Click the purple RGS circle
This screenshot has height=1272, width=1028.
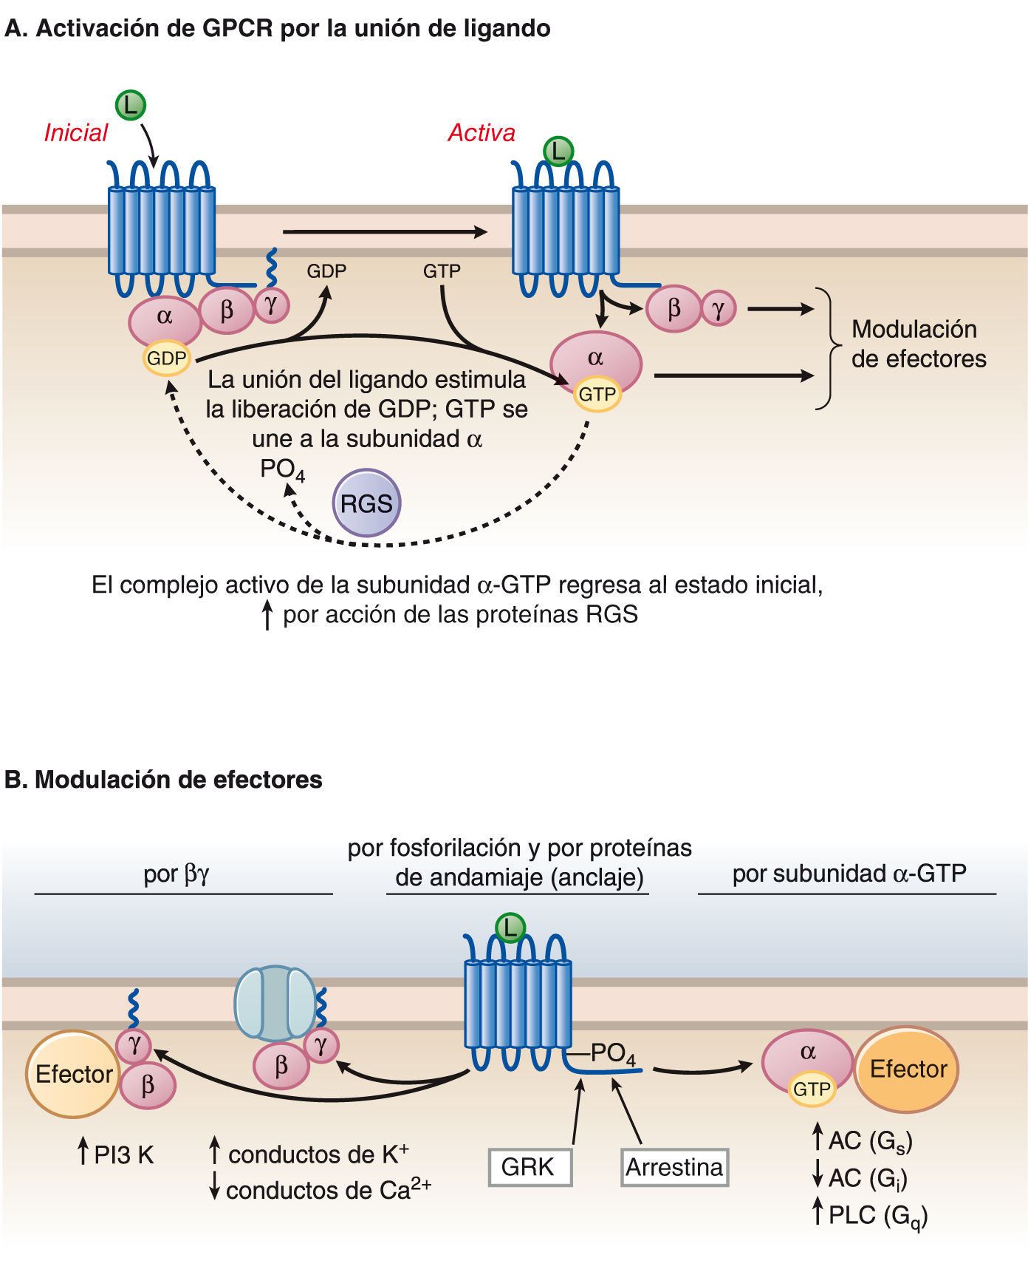point(366,503)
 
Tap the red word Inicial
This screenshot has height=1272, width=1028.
point(76,133)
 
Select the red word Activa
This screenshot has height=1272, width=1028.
point(482,133)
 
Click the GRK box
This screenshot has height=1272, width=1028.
point(530,1167)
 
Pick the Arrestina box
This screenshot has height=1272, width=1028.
point(674,1167)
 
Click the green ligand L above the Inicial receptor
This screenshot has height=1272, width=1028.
point(131,105)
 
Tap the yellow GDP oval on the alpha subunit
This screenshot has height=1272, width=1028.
point(167,358)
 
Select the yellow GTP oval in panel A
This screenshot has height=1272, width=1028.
point(597,394)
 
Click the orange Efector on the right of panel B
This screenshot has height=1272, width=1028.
point(907,1069)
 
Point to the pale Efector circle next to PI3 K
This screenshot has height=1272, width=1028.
point(72,1074)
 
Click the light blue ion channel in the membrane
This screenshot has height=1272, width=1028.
point(275,1002)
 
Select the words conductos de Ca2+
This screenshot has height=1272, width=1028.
point(328,1189)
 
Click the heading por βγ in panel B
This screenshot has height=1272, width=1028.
point(177,874)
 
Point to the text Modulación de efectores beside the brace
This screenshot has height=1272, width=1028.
point(918,344)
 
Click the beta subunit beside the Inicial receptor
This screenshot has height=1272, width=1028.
point(227,310)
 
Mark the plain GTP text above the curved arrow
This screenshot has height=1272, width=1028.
point(442,271)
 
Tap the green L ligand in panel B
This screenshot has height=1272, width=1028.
point(510,928)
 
